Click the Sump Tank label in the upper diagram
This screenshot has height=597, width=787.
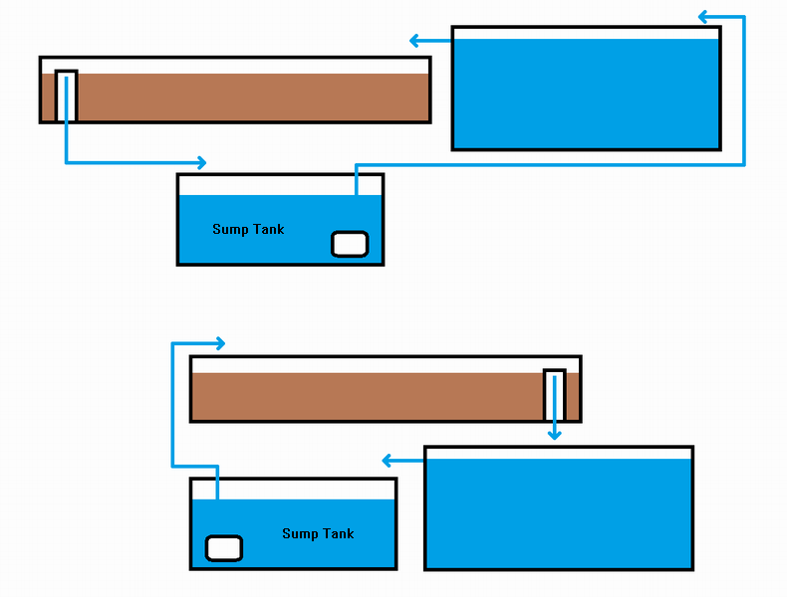click(248, 230)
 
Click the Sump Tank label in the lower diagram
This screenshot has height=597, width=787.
click(318, 534)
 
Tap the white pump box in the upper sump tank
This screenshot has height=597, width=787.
click(349, 244)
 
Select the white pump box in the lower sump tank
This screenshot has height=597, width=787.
click(223, 548)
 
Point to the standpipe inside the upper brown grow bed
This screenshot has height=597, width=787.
click(66, 96)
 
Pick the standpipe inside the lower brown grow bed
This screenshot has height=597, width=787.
click(554, 395)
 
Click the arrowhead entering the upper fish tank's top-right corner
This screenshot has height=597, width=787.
click(703, 17)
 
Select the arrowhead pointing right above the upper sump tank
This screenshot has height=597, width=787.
click(201, 162)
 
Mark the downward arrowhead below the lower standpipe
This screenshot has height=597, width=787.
click(554, 434)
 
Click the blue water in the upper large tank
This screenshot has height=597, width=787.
click(586, 95)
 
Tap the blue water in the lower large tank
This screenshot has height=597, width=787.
click(558, 512)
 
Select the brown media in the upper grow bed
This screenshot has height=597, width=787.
click(249, 98)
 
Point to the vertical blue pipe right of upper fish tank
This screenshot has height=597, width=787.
click(743, 90)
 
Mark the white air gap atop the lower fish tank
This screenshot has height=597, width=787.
click(558, 453)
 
